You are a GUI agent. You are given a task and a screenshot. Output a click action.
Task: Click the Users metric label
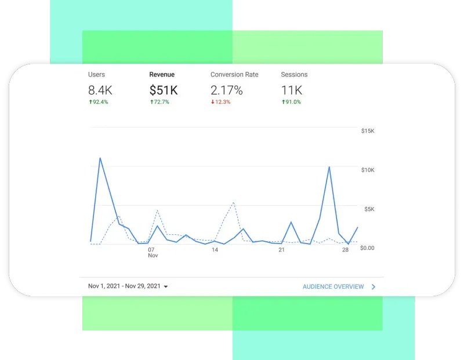click(96, 75)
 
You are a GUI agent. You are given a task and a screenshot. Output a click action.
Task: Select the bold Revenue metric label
click(162, 75)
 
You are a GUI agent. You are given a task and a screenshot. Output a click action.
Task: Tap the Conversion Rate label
click(234, 75)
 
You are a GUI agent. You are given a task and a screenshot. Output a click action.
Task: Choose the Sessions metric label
click(294, 75)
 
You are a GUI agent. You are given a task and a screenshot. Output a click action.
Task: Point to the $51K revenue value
click(164, 90)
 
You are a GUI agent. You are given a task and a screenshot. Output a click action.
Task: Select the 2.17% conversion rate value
click(227, 90)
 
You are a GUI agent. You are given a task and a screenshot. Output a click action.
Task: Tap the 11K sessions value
click(292, 90)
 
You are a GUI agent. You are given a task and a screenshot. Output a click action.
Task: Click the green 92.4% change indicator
click(98, 102)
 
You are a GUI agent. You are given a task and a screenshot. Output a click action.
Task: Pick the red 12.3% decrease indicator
click(220, 102)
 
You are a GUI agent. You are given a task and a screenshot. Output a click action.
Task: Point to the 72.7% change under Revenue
click(159, 102)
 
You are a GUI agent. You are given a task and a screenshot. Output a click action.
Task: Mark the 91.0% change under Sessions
click(291, 102)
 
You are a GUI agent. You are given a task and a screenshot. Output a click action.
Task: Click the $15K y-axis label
click(368, 131)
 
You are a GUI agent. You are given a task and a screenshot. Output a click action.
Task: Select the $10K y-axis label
click(368, 170)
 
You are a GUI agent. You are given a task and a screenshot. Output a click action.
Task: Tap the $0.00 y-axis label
click(368, 248)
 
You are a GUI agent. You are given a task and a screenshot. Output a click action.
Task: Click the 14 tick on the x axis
click(215, 250)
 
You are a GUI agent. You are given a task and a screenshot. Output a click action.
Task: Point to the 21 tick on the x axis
click(281, 250)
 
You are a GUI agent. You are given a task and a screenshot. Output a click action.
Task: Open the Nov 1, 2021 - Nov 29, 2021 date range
click(128, 286)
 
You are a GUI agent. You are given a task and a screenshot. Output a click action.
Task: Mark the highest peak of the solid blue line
click(100, 158)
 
